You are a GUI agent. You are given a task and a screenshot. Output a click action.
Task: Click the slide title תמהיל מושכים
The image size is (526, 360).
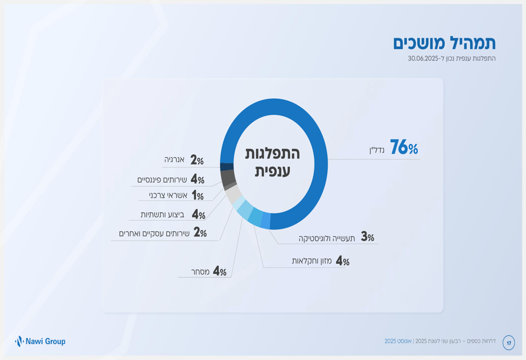coord(444,43)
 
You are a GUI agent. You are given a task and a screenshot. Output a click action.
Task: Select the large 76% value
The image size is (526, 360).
coord(404,148)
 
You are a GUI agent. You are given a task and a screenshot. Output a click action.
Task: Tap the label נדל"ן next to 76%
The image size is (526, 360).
coord(377,150)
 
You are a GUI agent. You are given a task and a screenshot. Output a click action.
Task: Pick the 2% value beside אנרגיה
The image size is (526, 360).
coord(197,160)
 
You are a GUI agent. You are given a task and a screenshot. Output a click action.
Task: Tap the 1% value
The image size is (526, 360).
coord(197,196)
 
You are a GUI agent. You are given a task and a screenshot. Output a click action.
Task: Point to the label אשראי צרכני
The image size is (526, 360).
coord(168,196)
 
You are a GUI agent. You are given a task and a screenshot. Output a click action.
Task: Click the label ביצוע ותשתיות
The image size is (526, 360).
coord(162,214)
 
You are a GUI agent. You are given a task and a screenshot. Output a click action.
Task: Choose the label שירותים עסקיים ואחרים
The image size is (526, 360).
coord(154,233)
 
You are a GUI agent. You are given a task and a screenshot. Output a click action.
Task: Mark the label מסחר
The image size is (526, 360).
coord(200,272)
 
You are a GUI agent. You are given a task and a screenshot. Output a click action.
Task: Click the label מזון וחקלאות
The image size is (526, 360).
coord(312,261)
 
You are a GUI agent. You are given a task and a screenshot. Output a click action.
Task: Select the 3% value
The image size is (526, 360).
coord(367,237)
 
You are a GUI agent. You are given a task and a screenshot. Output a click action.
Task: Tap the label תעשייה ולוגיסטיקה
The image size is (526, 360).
coord(327,238)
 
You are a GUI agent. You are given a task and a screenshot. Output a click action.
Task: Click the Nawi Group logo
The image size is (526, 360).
coord(40,342)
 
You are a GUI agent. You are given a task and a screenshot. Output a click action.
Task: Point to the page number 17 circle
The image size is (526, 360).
coord(509,343)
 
